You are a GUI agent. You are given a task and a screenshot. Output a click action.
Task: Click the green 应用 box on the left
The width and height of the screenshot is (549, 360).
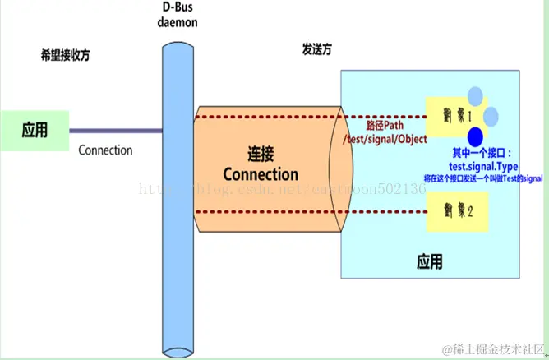35,130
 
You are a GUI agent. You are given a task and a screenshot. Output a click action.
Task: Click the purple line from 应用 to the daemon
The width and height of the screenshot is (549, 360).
115,130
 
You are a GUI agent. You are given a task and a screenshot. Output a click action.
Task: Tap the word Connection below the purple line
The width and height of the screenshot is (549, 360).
105,150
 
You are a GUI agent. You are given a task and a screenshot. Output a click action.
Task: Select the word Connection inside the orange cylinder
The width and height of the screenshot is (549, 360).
261,174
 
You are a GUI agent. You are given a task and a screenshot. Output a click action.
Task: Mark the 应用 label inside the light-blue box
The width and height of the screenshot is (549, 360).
429,262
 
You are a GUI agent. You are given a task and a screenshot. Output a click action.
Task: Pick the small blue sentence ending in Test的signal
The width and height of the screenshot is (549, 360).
483,178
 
